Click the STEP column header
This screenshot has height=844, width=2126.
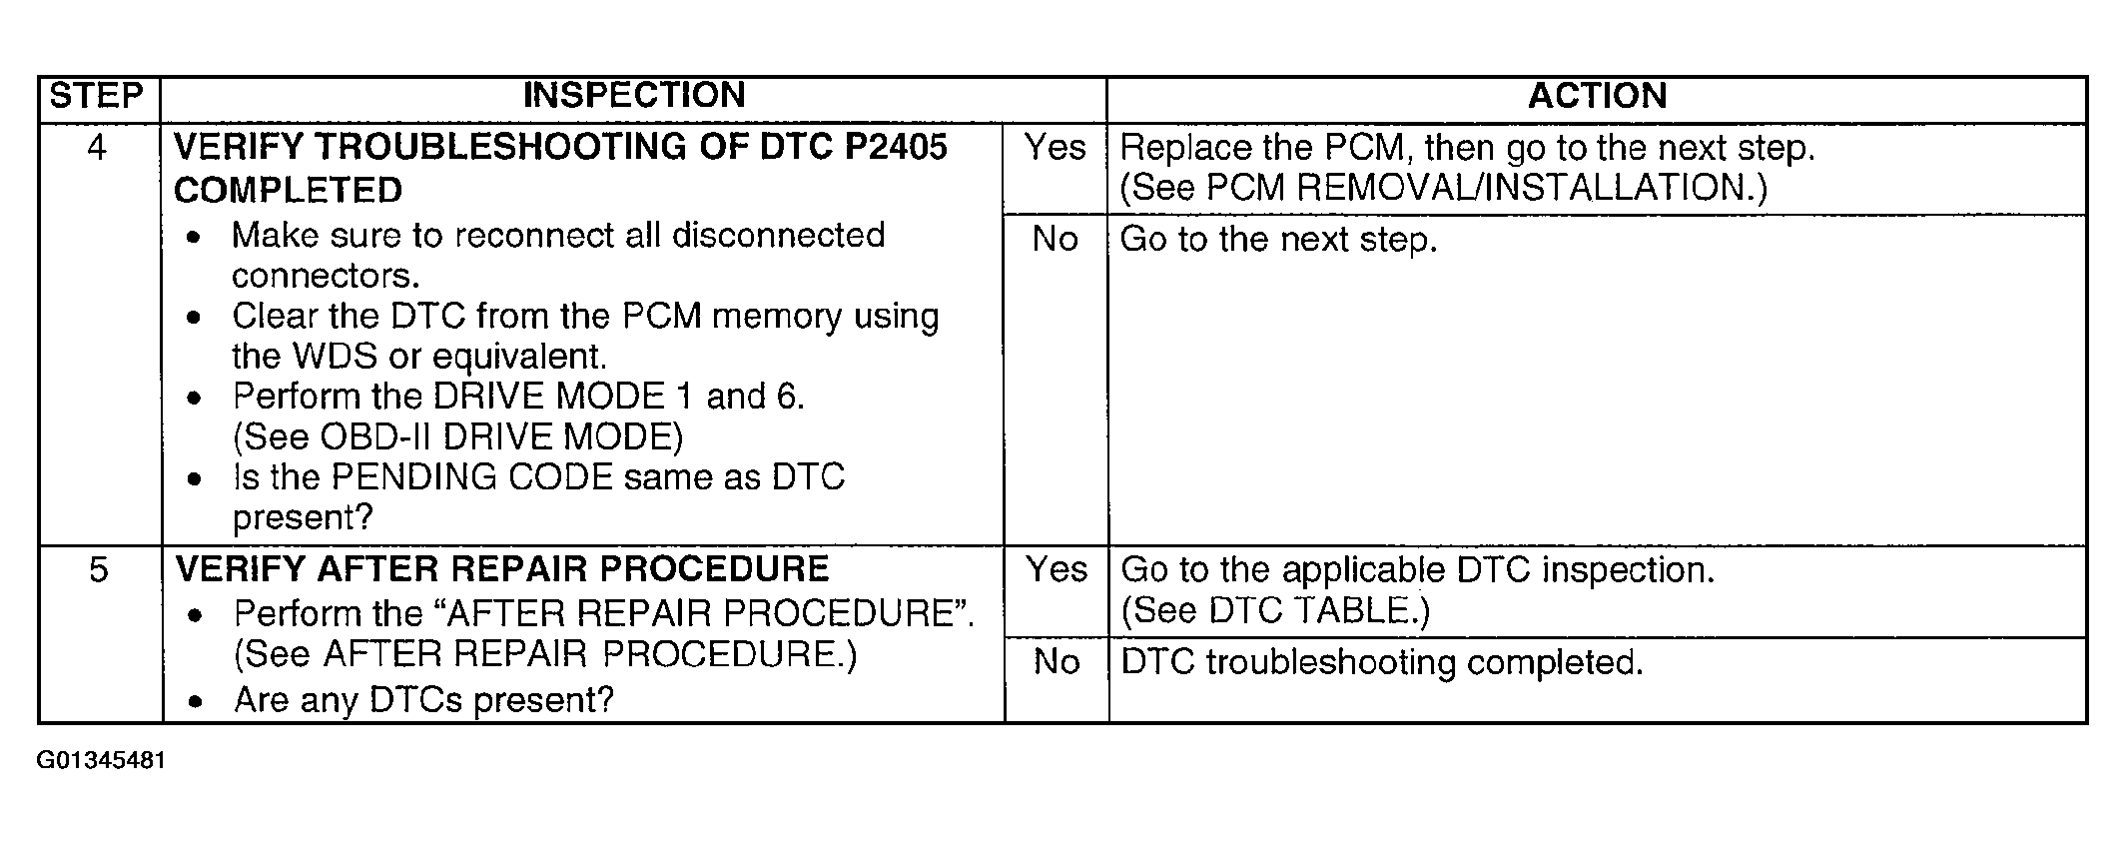pyautogui.click(x=97, y=96)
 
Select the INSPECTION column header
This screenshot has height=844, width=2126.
pyautogui.click(x=634, y=96)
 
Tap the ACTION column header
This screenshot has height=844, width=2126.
pyautogui.click(x=1597, y=96)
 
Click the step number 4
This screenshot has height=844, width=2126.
pyautogui.click(x=97, y=148)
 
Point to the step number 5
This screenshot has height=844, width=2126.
pyautogui.click(x=98, y=570)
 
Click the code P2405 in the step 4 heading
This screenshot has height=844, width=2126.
pyautogui.click(x=896, y=148)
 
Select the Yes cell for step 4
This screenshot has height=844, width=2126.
pyautogui.click(x=1055, y=148)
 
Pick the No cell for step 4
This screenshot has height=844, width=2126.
pyautogui.click(x=1055, y=240)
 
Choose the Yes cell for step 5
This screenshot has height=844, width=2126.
pyautogui.click(x=1056, y=570)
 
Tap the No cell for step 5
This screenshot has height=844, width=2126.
pyautogui.click(x=1056, y=662)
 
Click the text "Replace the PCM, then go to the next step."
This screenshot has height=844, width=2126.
pyautogui.click(x=1467, y=148)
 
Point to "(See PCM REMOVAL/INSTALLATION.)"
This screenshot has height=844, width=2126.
pyautogui.click(x=1443, y=189)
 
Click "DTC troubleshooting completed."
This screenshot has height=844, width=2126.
pyautogui.click(x=1382, y=662)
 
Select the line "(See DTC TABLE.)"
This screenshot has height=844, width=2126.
pyautogui.click(x=1275, y=611)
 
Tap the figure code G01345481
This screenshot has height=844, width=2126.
pyautogui.click(x=101, y=761)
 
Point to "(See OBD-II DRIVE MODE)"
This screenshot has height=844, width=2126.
pyautogui.click(x=457, y=437)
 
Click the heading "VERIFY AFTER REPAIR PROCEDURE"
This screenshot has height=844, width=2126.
pyautogui.click(x=502, y=569)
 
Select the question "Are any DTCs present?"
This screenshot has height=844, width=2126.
pyautogui.click(x=423, y=700)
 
